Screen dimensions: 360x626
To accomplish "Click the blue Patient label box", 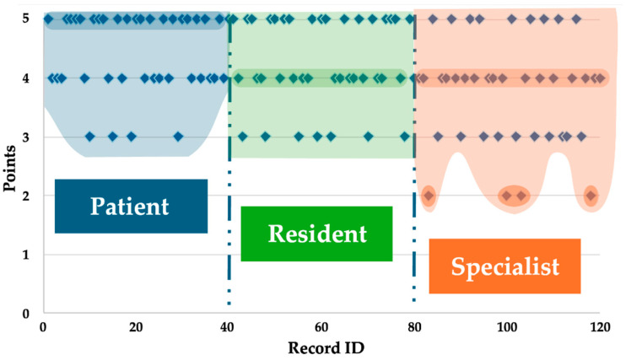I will [131, 206].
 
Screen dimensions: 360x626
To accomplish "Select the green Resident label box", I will [316, 234].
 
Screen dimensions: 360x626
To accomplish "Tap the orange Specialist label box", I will [505, 266].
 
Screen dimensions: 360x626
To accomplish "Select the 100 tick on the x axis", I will [506, 327].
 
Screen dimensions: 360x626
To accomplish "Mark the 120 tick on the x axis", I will [599, 327].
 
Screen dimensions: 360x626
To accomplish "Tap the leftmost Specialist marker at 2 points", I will [429, 196].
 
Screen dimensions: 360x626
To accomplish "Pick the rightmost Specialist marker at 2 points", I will [591, 196].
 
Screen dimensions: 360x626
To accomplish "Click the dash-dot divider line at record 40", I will [229, 169].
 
